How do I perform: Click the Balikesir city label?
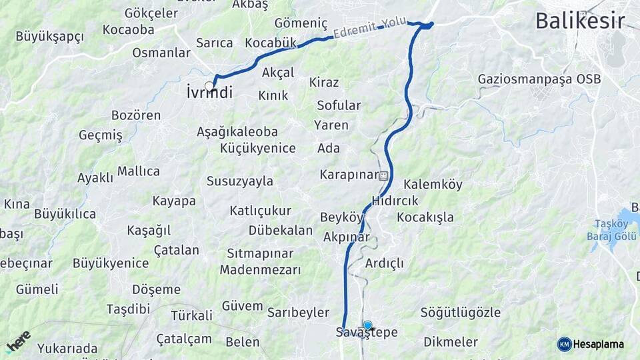[580, 21]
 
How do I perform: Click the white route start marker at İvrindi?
[209, 86]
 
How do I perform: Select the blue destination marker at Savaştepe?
[367, 325]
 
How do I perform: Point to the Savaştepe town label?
[367, 333]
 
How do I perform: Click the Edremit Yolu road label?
[370, 27]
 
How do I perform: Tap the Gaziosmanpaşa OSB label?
[539, 79]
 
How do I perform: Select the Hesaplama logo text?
[599, 345]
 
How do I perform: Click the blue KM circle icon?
[564, 345]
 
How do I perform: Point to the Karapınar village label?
[349, 175]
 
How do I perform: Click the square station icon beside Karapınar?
[383, 176]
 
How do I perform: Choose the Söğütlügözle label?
[460, 312]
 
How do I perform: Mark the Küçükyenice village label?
[257, 148]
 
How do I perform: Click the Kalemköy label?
[433, 185]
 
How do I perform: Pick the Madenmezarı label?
[260, 270]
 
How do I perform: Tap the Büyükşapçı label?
[49, 36]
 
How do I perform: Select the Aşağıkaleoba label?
[237, 132]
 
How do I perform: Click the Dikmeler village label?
[451, 342]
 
